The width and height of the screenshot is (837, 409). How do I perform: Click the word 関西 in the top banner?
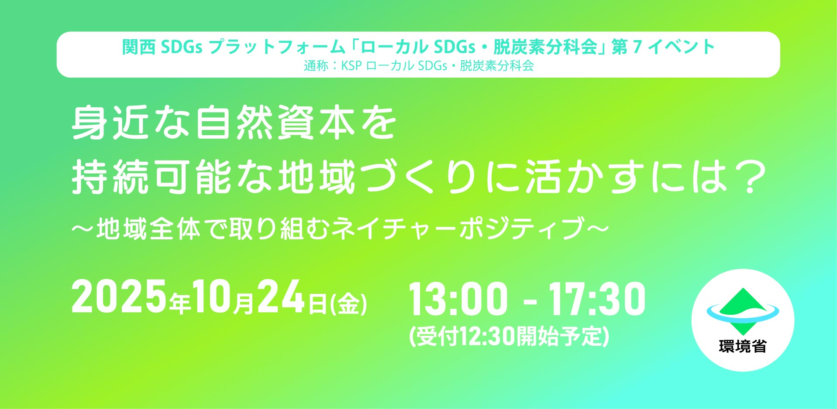pyautogui.click(x=138, y=47)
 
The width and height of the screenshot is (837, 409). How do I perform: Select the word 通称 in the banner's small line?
pyautogui.click(x=316, y=66)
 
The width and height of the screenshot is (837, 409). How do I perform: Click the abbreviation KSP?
pyautogui.click(x=352, y=66)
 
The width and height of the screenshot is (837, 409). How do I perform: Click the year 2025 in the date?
pyautogui.click(x=119, y=297)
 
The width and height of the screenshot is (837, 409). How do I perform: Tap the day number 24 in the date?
pyautogui.click(x=281, y=297)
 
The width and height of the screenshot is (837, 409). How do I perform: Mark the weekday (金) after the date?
pyautogui.click(x=348, y=304)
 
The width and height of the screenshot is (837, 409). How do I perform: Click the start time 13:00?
pyautogui.click(x=458, y=299)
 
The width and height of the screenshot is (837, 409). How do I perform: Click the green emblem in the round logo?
pyautogui.click(x=743, y=311)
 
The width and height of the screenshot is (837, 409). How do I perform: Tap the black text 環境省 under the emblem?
pyautogui.click(x=743, y=347)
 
